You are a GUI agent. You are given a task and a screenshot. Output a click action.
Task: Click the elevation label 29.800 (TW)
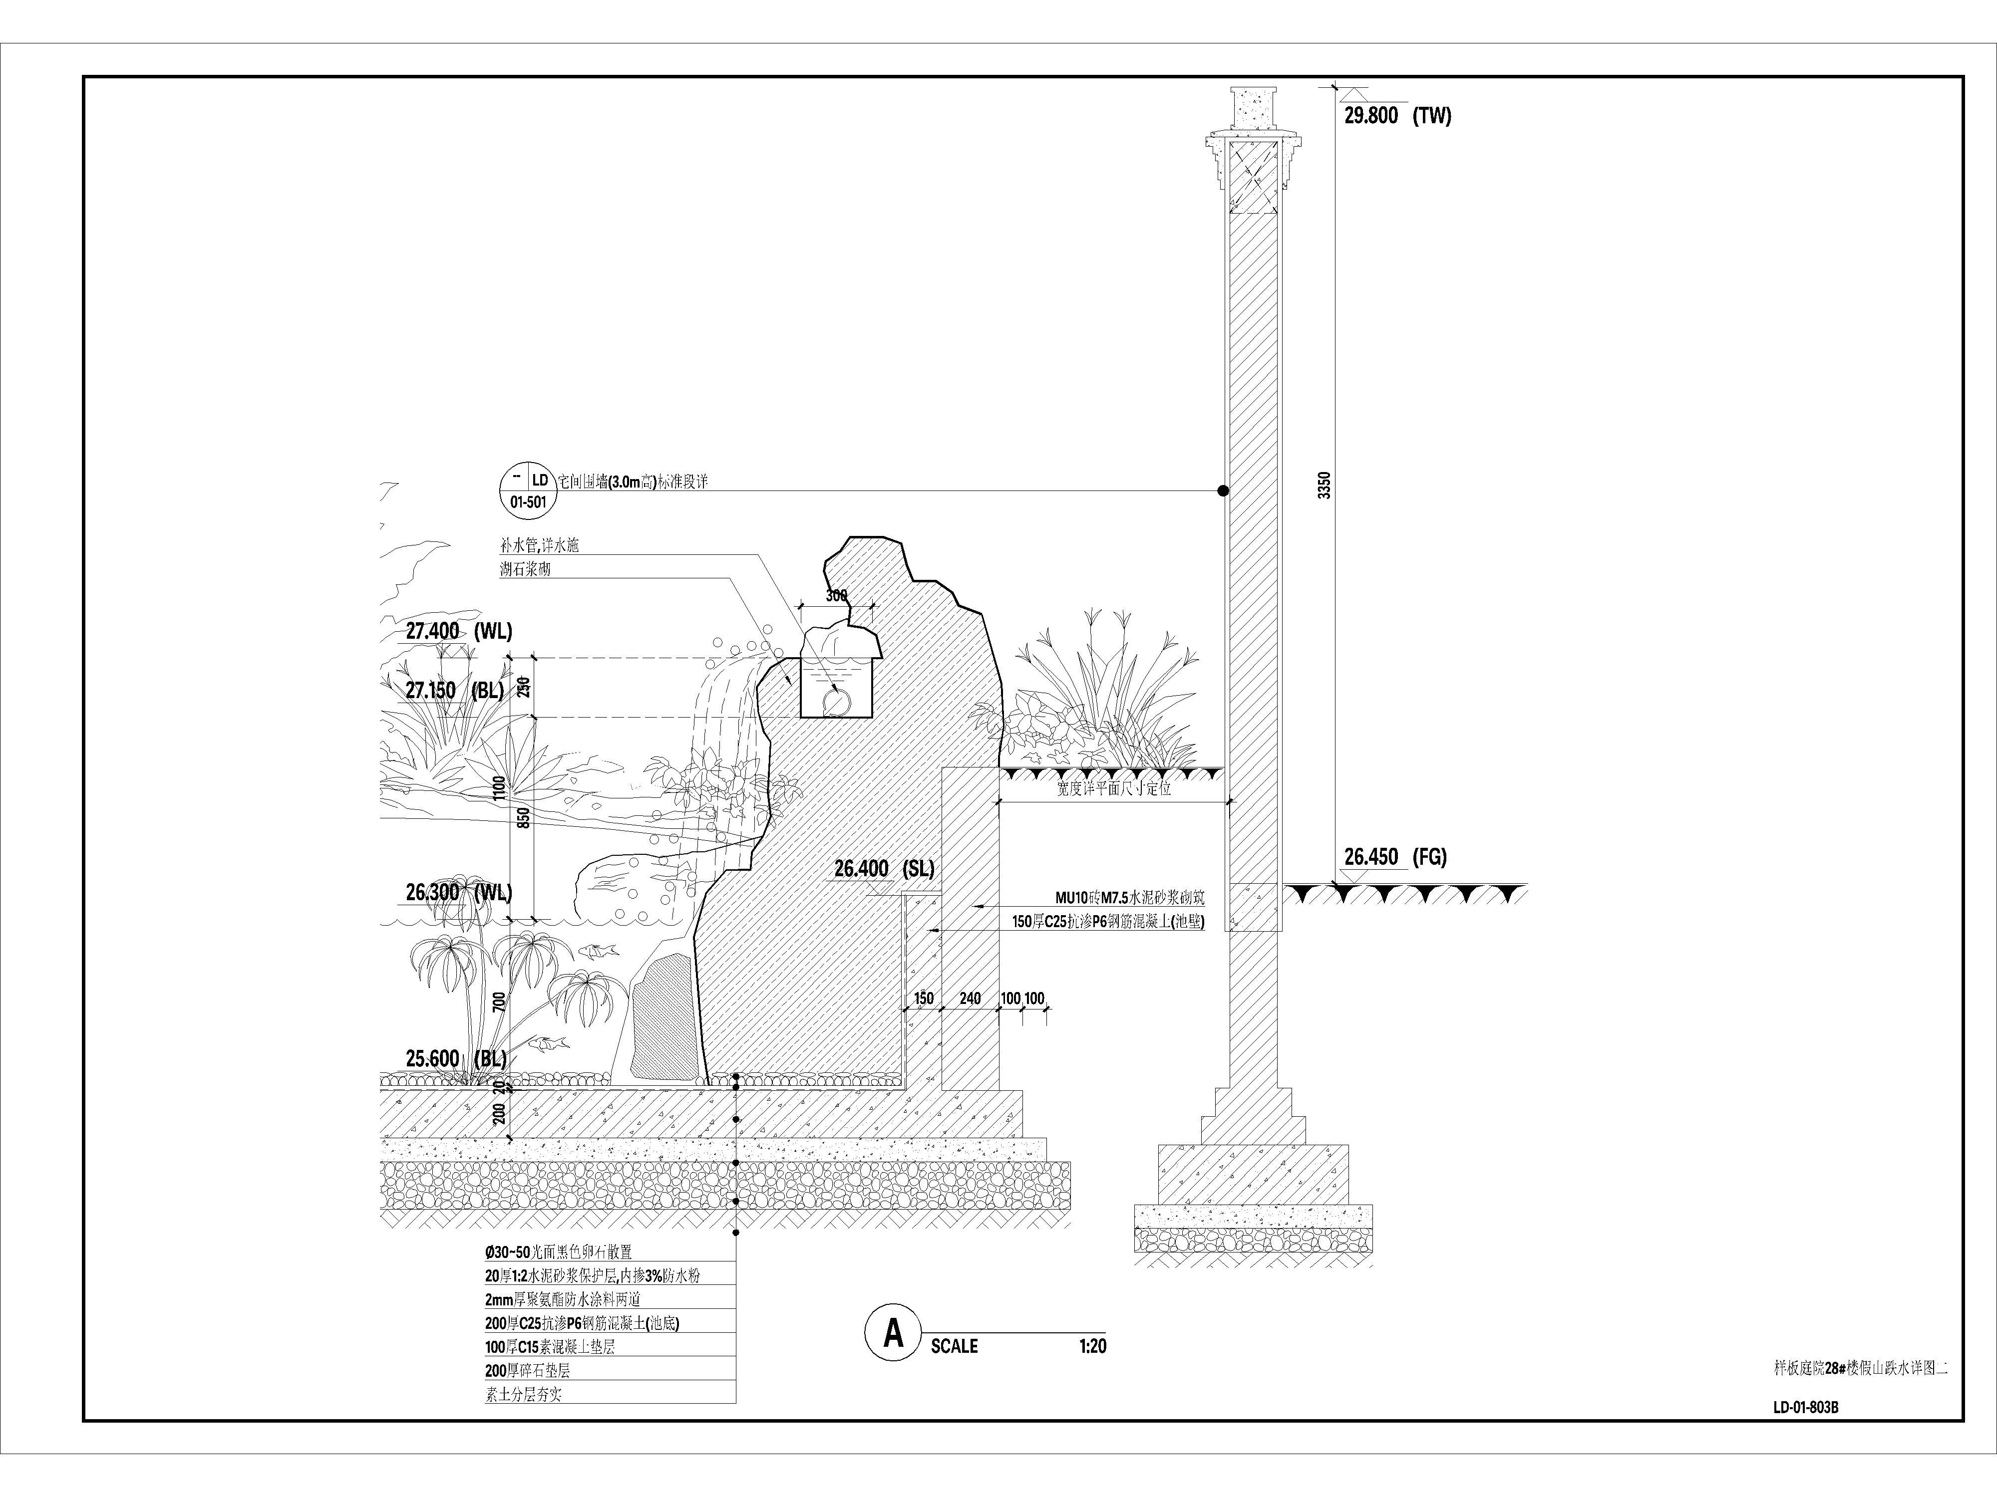click(1396, 115)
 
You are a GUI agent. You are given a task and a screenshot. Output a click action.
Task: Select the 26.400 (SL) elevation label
click(884, 868)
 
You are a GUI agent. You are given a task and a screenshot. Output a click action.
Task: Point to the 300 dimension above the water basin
click(836, 595)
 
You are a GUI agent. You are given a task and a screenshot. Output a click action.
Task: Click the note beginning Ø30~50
click(558, 1251)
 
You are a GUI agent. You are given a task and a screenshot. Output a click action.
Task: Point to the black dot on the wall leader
click(1222, 491)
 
